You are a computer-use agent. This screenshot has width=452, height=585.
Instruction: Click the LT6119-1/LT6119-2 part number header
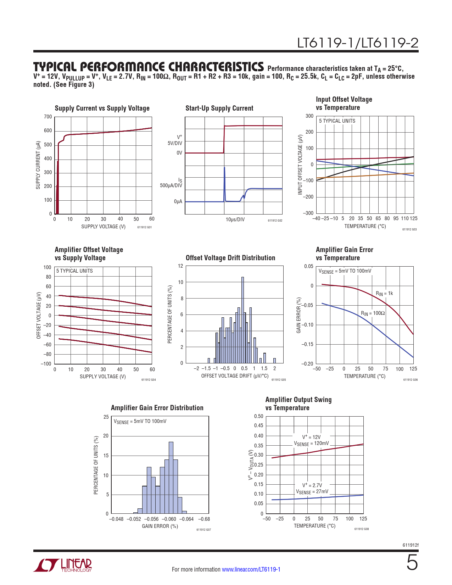(x=357, y=43)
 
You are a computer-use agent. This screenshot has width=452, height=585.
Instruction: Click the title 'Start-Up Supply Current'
(x=219, y=108)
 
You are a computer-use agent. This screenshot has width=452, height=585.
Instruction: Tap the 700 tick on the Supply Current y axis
(x=48, y=117)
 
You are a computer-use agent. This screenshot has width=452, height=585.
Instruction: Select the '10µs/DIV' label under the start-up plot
(x=235, y=219)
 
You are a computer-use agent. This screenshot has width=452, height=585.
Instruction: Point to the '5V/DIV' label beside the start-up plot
(x=175, y=143)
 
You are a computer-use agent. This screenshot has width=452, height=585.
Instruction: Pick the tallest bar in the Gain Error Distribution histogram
(x=171, y=477)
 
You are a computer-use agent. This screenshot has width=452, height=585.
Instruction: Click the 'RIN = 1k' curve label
(x=384, y=294)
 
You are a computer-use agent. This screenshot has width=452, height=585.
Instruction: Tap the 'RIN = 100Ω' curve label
(x=373, y=313)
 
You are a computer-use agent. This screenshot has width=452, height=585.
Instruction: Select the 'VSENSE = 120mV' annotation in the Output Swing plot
(x=311, y=444)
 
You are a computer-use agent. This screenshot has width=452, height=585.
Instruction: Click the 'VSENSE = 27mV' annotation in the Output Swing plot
(x=312, y=492)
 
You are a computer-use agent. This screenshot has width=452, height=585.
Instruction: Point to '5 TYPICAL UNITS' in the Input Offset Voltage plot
(x=337, y=121)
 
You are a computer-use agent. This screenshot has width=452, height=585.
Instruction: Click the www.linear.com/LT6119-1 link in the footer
(x=251, y=569)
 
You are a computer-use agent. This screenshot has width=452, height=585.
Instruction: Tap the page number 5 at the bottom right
(x=412, y=563)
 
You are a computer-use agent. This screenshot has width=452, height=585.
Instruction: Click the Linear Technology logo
(x=63, y=565)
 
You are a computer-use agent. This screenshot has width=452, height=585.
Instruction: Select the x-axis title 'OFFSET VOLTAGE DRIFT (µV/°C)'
(x=235, y=376)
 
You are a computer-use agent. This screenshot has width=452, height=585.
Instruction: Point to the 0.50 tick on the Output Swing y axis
(x=258, y=416)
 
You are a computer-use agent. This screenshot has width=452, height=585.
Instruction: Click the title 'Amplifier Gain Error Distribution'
(x=157, y=408)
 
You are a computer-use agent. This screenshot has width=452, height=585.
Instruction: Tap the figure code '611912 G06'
(x=410, y=380)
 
